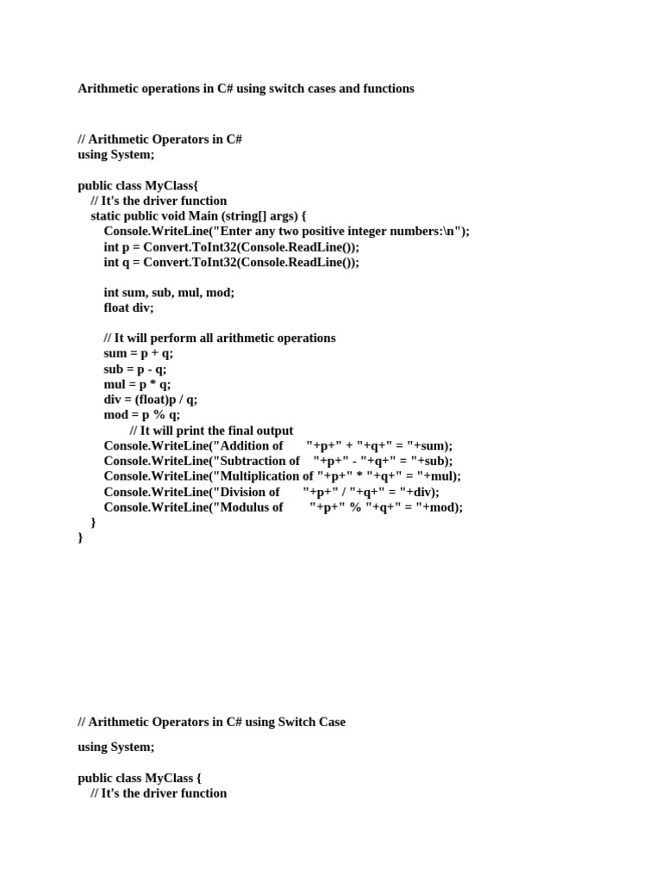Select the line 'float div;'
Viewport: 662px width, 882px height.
click(x=128, y=307)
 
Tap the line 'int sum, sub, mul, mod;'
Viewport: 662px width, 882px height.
click(x=169, y=292)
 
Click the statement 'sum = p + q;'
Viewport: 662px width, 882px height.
click(x=139, y=353)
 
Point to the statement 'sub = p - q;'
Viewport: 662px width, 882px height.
click(x=135, y=369)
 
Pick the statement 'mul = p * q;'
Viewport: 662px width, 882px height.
click(x=137, y=384)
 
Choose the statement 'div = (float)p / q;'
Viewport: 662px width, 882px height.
click(x=151, y=400)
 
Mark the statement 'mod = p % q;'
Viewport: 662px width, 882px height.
click(x=142, y=415)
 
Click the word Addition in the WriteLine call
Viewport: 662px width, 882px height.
click(x=253, y=446)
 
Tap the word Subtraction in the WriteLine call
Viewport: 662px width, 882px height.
click(x=261, y=461)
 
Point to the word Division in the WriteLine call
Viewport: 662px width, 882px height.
click(x=250, y=492)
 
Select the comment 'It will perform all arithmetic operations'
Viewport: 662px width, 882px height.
click(x=220, y=338)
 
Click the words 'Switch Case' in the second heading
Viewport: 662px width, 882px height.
click(x=311, y=722)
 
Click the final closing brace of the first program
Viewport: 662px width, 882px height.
click(x=81, y=537)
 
